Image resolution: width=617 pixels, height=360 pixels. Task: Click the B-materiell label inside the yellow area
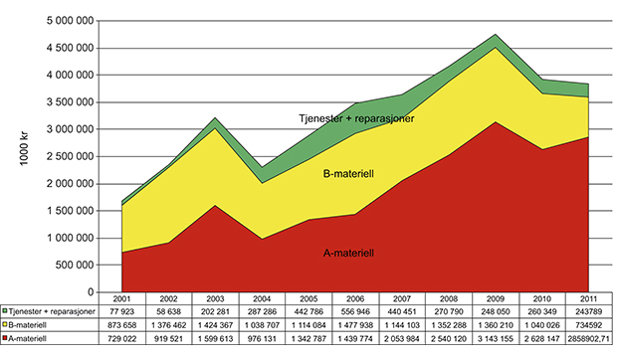[349, 173]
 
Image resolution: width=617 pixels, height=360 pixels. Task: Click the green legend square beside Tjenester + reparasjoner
[6, 311]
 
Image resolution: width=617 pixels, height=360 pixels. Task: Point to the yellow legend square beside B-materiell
[6, 324]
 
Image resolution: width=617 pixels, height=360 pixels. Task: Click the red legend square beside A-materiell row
[6, 338]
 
